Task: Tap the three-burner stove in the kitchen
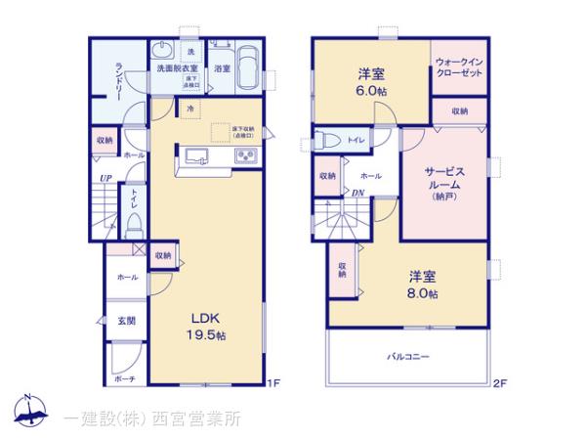[244, 156]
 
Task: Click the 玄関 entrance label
[128, 322]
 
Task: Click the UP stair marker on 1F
[103, 178]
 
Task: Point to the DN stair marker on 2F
[357, 193]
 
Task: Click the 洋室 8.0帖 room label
[423, 284]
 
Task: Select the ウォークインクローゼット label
[459, 68]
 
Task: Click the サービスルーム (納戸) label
[443, 183]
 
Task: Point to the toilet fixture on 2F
[328, 139]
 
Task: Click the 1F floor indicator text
[275, 382]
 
